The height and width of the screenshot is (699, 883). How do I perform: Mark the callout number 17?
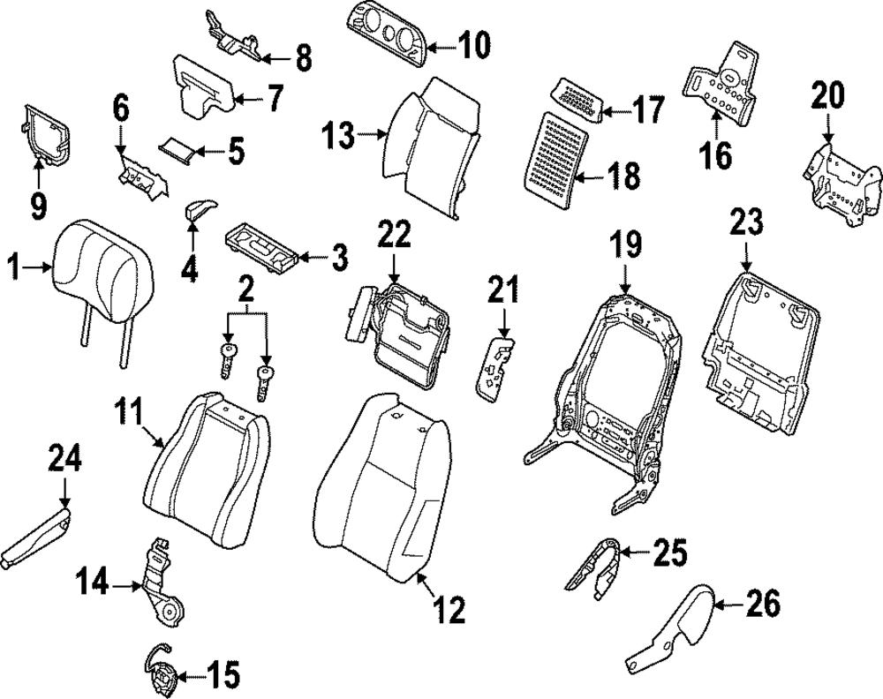pos(648,111)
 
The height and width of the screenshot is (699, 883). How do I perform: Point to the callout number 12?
pos(449,608)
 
